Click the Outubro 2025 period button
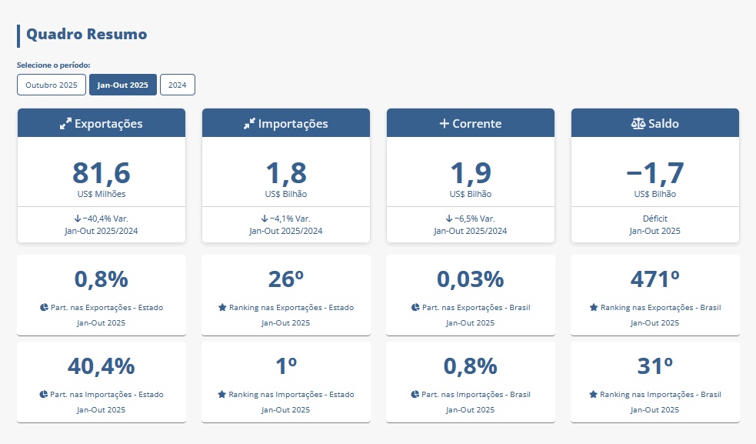[x=52, y=85]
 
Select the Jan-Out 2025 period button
[x=123, y=85]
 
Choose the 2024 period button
[x=178, y=85]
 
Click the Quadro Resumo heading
[x=86, y=35]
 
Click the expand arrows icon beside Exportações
[x=65, y=123]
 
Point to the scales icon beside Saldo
[x=638, y=123]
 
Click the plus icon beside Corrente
[x=444, y=123]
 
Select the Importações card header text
[x=293, y=123]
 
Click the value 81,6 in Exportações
[x=102, y=172]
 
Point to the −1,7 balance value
[x=655, y=172]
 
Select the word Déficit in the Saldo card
[x=655, y=219]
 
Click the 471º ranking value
[x=655, y=279]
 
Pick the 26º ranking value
[x=286, y=279]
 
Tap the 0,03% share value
[x=471, y=279]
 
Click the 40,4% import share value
[x=102, y=366]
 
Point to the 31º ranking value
[x=655, y=366]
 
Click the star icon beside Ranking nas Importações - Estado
[x=222, y=394]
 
